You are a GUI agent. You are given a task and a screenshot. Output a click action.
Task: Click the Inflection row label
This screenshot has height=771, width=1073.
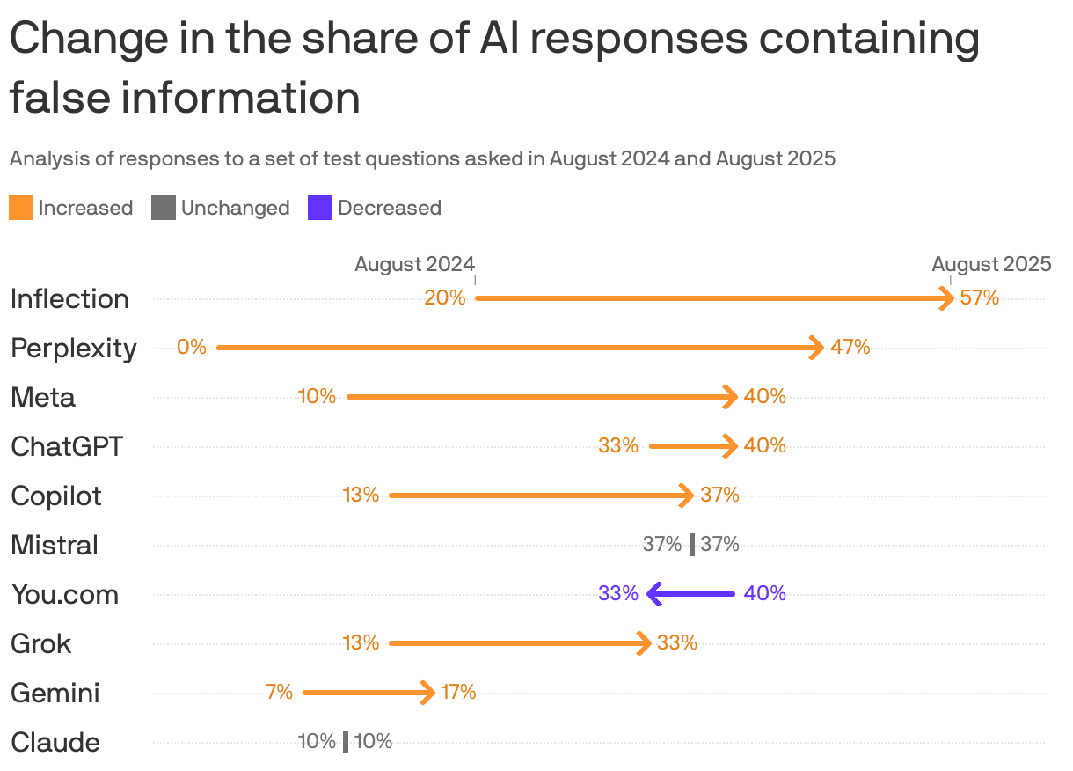(69, 299)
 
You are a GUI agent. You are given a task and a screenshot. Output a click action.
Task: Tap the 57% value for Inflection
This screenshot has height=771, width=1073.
(980, 298)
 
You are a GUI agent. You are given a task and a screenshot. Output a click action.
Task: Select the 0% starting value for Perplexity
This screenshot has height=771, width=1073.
(191, 348)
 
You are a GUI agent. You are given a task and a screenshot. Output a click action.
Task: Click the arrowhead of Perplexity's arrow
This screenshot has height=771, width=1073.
(817, 348)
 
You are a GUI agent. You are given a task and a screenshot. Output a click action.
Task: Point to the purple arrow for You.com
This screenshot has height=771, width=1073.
(690, 594)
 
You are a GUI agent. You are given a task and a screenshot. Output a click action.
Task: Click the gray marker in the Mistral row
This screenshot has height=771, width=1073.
(692, 545)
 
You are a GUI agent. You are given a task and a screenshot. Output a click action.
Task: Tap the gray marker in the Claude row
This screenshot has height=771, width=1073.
(346, 742)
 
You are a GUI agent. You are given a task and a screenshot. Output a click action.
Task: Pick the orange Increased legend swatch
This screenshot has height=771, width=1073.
(21, 209)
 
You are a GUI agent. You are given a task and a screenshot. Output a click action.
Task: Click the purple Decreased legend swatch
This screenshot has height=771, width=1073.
(320, 209)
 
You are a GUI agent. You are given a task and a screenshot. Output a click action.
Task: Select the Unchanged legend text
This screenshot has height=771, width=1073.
(235, 209)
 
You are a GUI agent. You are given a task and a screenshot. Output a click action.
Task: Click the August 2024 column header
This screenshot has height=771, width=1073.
(414, 264)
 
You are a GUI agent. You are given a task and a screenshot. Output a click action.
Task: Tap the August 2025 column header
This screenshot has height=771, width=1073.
(991, 264)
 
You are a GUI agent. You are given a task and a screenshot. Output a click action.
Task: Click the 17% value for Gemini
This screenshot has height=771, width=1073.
(458, 693)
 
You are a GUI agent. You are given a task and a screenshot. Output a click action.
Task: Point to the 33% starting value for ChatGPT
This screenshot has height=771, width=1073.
(618, 446)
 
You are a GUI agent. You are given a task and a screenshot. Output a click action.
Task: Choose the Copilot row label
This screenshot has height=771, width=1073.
(56, 496)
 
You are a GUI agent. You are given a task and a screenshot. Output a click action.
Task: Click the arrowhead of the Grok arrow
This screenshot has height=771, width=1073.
(645, 643)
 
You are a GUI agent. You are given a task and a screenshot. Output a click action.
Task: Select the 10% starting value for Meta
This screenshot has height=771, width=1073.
(317, 397)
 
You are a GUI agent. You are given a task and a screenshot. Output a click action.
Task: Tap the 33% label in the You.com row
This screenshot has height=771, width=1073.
(618, 594)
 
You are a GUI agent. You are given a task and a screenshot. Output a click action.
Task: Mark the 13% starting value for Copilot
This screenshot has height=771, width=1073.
(361, 496)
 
